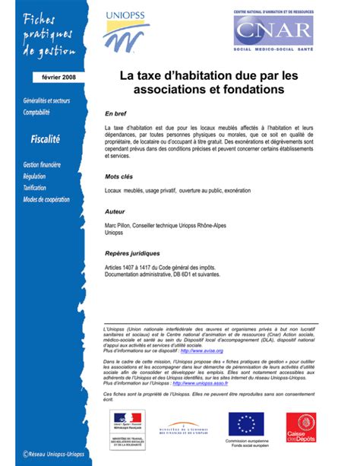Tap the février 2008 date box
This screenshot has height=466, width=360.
(x=53, y=78)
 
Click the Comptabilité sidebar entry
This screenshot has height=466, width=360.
(x=36, y=112)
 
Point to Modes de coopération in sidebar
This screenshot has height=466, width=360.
(x=46, y=200)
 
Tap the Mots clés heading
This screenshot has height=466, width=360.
(x=118, y=176)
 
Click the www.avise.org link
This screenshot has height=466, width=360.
(x=202, y=351)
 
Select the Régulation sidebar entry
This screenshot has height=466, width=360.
(x=35, y=176)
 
